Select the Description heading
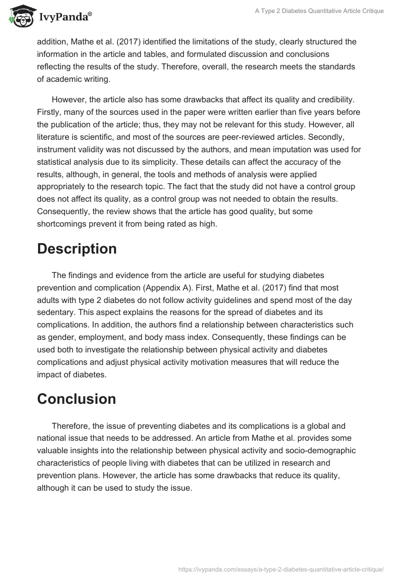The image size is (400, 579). pos(76,249)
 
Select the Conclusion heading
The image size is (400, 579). pos(76,399)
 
